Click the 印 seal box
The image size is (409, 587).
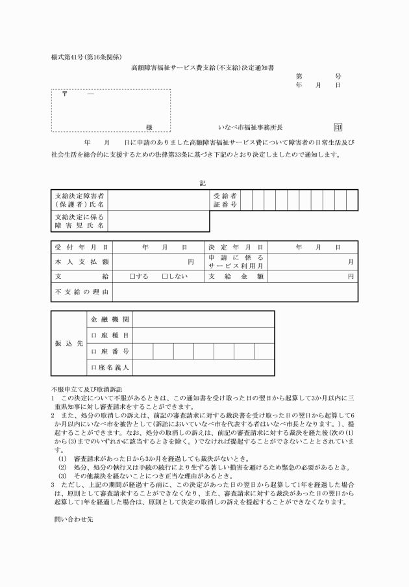click(x=338, y=127)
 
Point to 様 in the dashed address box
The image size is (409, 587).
click(x=149, y=127)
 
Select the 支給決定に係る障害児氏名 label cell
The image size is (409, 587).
click(x=79, y=221)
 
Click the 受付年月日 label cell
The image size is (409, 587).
click(x=81, y=248)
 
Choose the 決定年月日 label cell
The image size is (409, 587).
click(x=236, y=248)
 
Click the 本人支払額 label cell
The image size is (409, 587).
click(x=81, y=262)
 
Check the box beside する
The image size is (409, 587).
click(x=132, y=277)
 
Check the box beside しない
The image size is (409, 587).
click(x=165, y=277)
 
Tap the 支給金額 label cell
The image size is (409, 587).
click(x=236, y=277)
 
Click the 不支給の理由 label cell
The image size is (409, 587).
click(x=81, y=292)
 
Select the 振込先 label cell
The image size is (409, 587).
click(x=68, y=343)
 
